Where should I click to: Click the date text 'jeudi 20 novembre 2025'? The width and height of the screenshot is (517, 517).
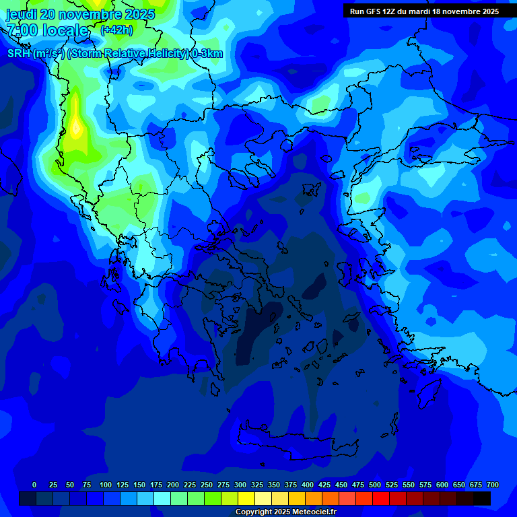[81, 14]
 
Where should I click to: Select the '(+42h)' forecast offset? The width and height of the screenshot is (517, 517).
[116, 30]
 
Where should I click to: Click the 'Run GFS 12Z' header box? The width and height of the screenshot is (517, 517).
[424, 11]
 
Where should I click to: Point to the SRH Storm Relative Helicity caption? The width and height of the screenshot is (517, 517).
[115, 54]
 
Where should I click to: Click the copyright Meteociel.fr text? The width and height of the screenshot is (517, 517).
[286, 512]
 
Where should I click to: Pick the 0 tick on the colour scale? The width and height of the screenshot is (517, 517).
[34, 485]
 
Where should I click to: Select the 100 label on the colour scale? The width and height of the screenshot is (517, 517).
[106, 485]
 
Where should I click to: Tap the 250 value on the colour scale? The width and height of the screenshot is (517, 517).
[207, 485]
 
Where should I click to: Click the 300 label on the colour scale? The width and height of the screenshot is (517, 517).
[240, 485]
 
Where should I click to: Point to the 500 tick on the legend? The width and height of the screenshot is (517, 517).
[375, 485]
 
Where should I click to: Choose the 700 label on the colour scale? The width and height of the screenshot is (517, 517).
[492, 485]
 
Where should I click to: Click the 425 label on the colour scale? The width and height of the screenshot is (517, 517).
[324, 485]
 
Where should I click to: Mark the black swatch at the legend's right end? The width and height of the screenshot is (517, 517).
[482, 498]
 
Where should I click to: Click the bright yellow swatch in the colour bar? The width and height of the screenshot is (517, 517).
[246, 498]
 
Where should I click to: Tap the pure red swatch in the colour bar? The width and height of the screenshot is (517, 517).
[381, 498]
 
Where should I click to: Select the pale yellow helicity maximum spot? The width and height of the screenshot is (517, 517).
[77, 126]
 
